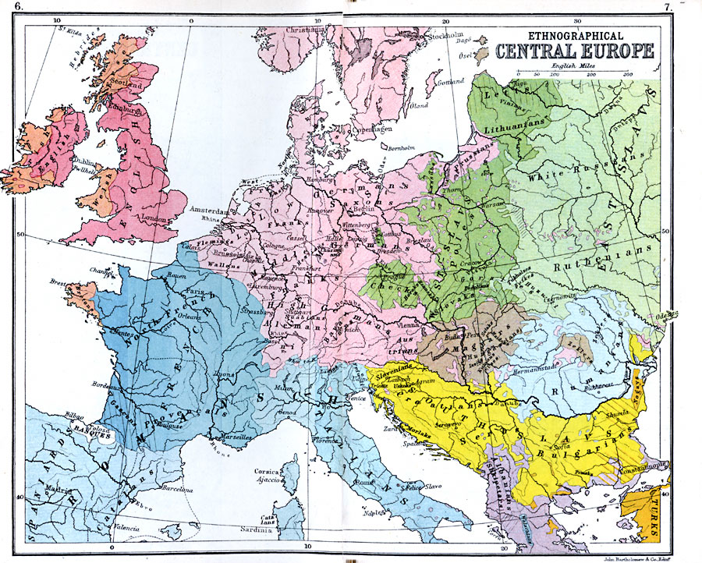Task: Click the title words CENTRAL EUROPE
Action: pyautogui.click(x=571, y=52)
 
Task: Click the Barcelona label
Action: pyautogui.click(x=176, y=490)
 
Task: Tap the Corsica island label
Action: pyautogui.click(x=268, y=472)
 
